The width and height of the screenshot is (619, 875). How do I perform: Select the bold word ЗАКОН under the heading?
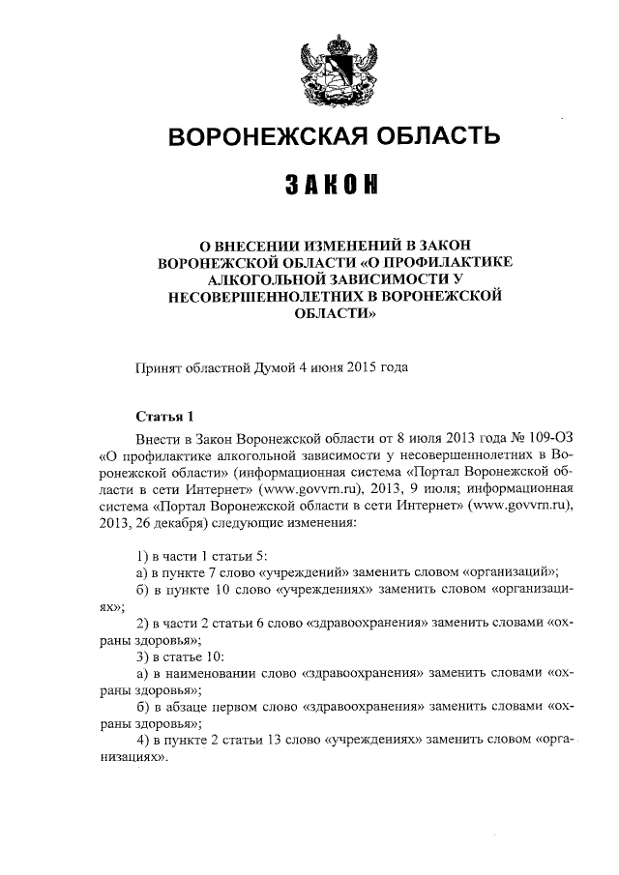pos(334,185)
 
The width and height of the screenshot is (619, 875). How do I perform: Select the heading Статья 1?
pos(165,417)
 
